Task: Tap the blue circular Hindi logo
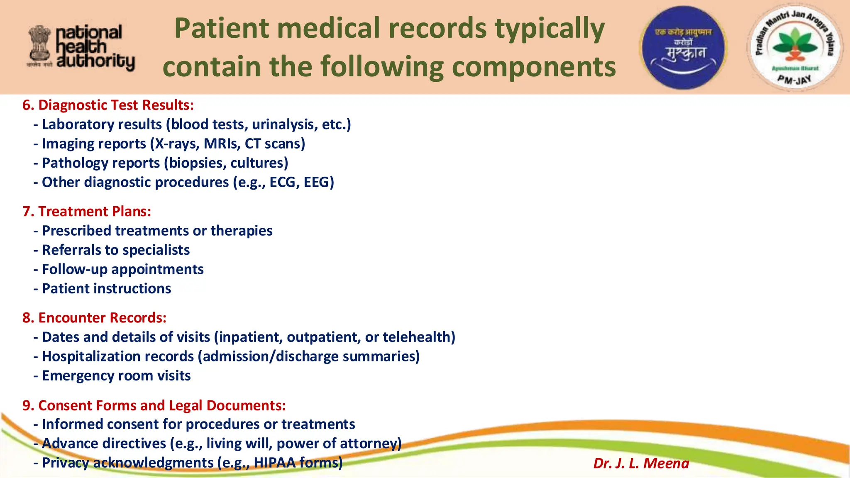click(683, 47)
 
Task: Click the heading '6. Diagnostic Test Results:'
click(108, 105)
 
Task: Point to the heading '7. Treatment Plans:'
click(87, 211)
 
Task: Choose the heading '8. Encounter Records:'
click(94, 317)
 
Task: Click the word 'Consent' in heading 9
click(66, 405)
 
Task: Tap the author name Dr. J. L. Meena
click(641, 463)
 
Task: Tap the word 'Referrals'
click(71, 250)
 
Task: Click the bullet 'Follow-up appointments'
click(122, 269)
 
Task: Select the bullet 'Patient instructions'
click(106, 288)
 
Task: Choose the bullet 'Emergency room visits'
click(116, 376)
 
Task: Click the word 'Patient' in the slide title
click(222, 28)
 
